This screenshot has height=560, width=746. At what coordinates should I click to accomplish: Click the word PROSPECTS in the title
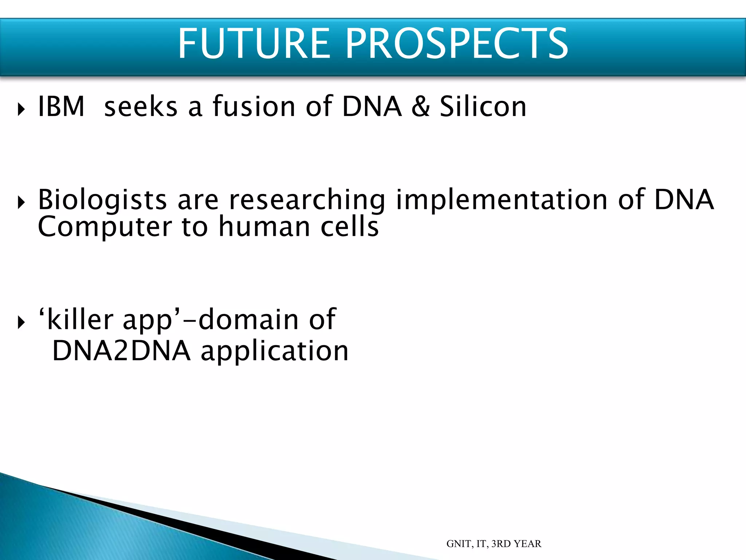(456, 44)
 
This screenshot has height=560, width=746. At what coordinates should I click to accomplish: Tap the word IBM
(61, 106)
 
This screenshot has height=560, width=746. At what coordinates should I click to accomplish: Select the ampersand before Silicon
(421, 106)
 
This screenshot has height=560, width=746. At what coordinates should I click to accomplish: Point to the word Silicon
(483, 106)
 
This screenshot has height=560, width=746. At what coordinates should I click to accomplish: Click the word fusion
(254, 106)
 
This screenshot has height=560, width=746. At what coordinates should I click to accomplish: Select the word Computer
(105, 227)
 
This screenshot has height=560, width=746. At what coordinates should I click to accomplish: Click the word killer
(80, 319)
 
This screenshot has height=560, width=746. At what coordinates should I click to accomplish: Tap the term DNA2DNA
(121, 351)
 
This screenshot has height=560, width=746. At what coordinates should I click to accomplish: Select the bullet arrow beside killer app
(21, 322)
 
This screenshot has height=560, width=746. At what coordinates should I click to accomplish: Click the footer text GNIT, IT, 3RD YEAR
(494, 544)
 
